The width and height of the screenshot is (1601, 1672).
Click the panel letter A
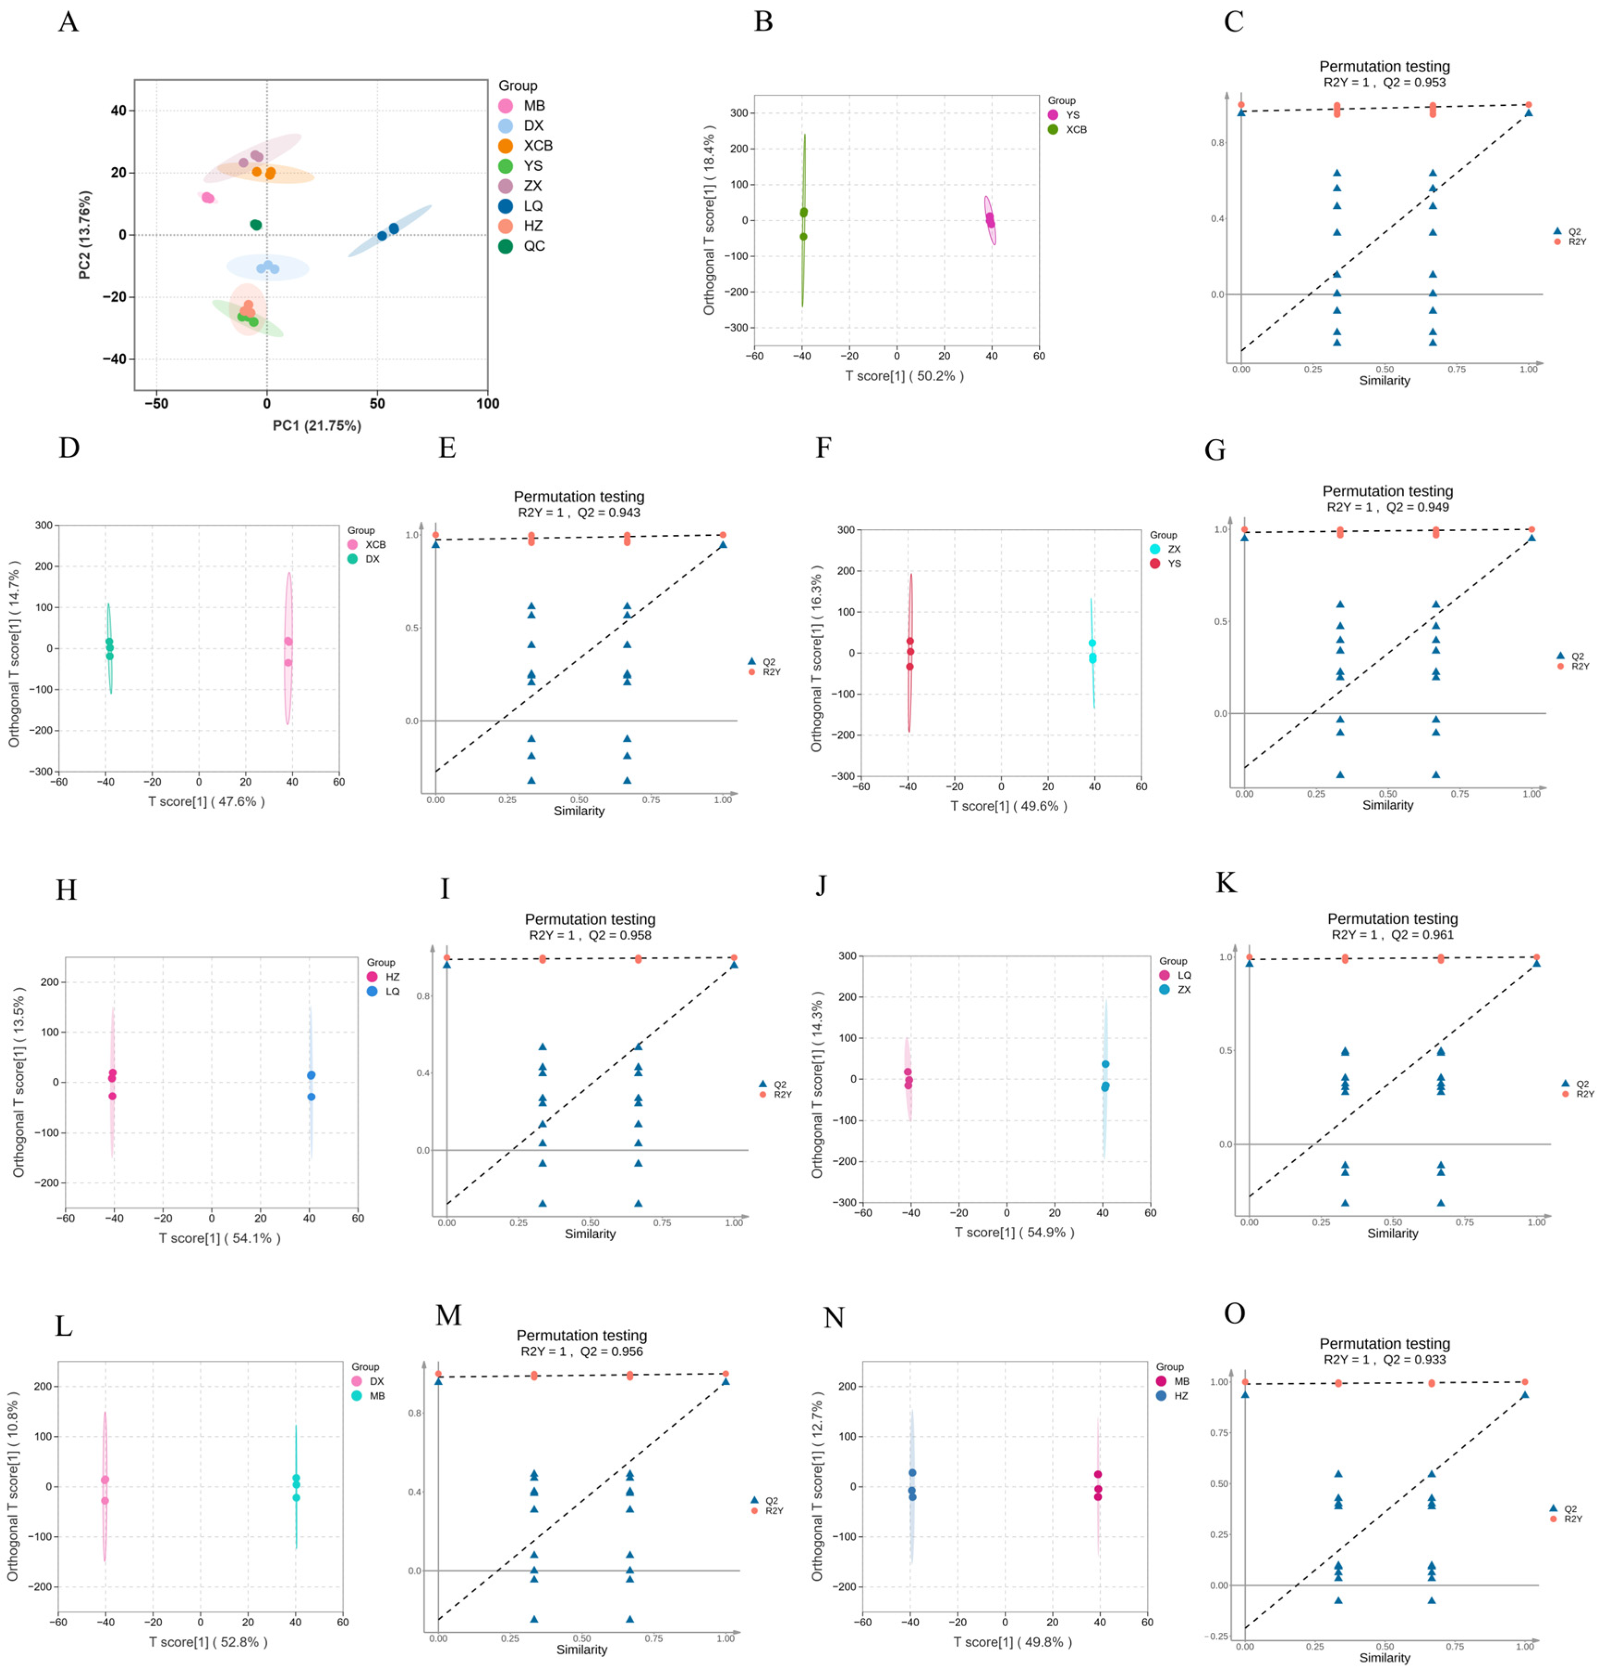point(68,21)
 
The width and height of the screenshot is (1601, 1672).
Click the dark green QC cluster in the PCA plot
point(256,224)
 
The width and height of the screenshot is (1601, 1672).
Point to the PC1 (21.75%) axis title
point(316,425)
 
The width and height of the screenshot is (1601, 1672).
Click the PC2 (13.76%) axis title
point(85,235)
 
